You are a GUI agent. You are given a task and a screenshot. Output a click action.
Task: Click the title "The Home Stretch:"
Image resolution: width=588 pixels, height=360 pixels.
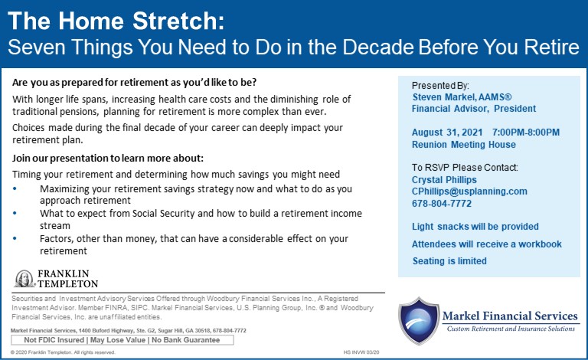click(x=116, y=21)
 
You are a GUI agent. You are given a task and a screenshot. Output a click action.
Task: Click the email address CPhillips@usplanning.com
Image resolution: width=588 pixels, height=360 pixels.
click(x=469, y=191)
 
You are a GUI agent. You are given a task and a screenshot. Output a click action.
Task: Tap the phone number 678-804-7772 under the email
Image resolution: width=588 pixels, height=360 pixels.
click(x=441, y=204)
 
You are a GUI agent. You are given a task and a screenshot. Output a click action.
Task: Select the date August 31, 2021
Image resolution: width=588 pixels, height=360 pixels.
click(x=447, y=133)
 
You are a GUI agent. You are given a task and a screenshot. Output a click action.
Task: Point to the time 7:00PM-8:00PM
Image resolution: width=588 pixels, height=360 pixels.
click(x=526, y=133)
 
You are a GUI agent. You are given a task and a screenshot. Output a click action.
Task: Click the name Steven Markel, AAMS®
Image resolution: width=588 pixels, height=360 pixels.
click(x=462, y=97)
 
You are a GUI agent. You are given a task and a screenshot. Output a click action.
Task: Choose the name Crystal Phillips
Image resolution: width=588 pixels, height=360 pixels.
click(x=444, y=180)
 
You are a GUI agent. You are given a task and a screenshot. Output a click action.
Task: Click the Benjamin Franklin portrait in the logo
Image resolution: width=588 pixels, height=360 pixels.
click(x=24, y=279)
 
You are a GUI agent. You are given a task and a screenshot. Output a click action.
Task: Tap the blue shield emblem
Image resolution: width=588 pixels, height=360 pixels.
click(x=419, y=321)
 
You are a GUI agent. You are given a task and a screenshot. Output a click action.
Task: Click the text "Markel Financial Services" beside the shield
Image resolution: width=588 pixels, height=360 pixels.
click(x=510, y=316)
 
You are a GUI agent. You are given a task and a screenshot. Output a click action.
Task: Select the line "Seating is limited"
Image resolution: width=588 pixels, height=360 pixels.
click(x=449, y=261)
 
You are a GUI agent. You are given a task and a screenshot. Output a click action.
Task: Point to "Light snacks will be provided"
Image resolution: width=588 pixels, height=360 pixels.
click(x=475, y=227)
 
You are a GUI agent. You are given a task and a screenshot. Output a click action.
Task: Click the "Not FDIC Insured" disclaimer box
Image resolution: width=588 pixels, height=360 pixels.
click(x=122, y=340)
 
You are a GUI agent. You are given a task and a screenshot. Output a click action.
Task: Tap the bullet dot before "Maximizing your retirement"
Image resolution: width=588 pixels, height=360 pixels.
click(x=15, y=188)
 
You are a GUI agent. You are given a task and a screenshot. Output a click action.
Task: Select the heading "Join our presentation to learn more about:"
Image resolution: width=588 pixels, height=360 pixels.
click(x=108, y=159)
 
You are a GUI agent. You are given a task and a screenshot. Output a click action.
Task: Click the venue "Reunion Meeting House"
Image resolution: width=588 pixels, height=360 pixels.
click(x=464, y=145)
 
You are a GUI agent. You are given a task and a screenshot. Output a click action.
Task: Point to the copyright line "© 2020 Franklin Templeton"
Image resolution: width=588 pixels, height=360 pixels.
click(x=63, y=352)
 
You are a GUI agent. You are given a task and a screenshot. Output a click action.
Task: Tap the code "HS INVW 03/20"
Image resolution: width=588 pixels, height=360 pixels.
click(x=361, y=352)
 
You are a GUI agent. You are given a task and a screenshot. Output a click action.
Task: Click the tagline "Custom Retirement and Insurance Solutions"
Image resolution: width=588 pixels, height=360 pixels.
click(x=511, y=329)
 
